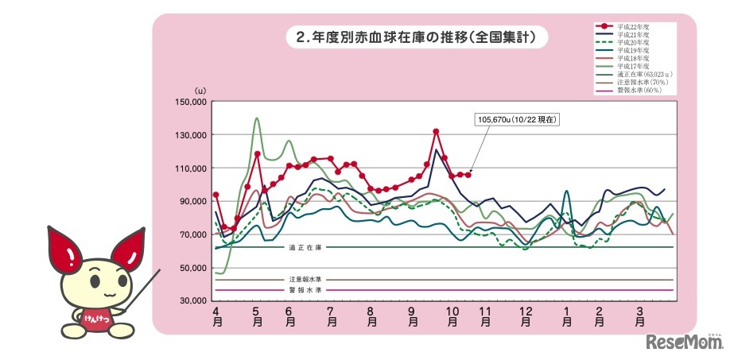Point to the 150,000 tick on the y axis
coord(190,103)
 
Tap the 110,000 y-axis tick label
coord(190,168)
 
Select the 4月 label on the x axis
coord(216,319)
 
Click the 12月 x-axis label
coord(526,319)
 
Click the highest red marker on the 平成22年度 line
coord(436,131)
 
